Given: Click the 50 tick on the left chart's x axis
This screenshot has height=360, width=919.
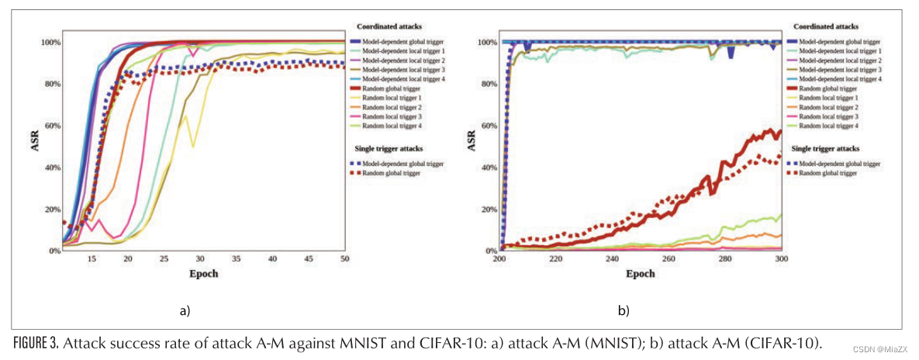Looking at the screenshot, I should pos(344,258).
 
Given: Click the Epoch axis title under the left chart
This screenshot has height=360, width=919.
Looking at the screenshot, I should pos(204,274).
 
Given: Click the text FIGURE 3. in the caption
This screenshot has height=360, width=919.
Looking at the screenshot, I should pos(35,343).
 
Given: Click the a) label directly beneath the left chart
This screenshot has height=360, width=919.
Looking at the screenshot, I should pos(184,311).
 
